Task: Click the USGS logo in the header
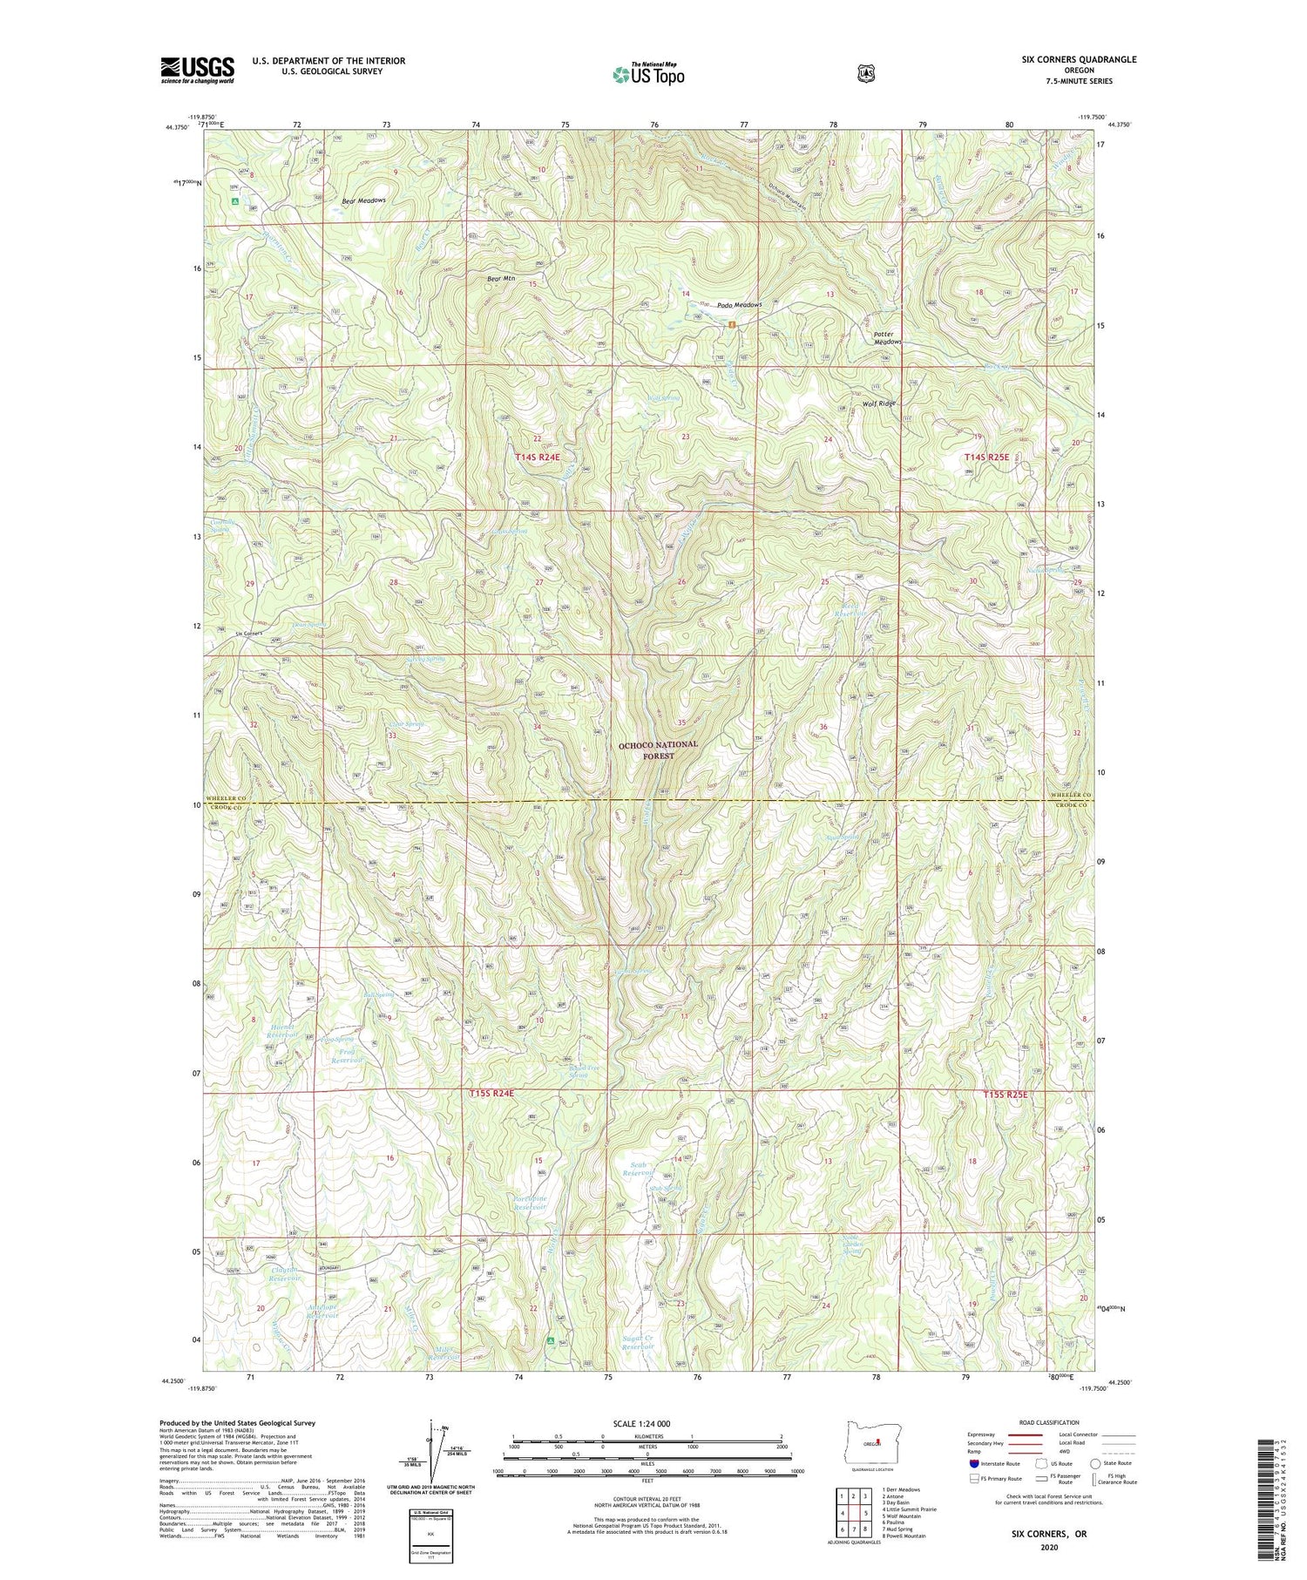click(197, 70)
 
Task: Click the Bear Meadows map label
click(363, 200)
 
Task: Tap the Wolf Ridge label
click(878, 403)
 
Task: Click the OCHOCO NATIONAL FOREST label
click(658, 750)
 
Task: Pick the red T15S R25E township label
click(1007, 1095)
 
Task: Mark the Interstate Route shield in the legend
click(972, 1464)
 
